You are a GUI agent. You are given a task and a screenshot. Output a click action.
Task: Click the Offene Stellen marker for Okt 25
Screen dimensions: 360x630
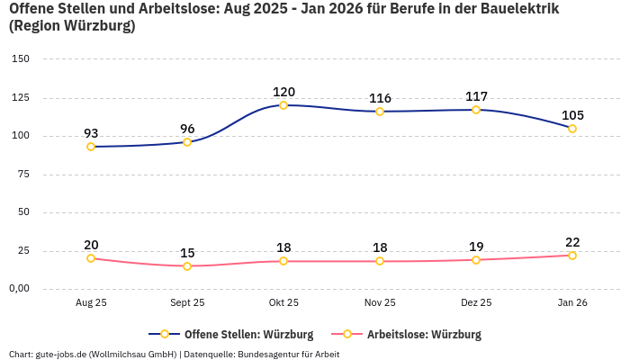coord(283,105)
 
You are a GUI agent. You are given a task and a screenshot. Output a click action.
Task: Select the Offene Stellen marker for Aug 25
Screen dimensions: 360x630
coord(91,147)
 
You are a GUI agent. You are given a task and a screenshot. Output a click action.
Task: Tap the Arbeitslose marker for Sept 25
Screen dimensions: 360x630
coord(187,266)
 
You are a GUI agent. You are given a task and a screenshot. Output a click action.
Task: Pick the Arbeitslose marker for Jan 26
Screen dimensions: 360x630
coord(572,256)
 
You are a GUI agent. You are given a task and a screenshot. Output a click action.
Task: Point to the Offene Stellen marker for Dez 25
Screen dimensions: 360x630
coord(476,110)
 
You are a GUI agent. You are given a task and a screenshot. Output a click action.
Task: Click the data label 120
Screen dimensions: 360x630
coord(283,92)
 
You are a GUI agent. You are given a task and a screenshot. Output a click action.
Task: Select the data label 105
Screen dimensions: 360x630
coord(572,115)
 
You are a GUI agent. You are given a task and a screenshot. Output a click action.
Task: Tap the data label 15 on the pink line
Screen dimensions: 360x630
coord(187,253)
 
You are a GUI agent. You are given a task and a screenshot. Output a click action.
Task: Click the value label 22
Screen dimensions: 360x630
coord(572,242)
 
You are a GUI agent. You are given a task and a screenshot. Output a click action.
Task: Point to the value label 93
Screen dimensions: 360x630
coord(91,133)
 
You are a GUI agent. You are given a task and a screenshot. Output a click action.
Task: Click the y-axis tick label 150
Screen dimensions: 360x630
coord(21,59)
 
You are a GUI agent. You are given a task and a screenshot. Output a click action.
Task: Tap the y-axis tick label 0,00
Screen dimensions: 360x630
coord(19,289)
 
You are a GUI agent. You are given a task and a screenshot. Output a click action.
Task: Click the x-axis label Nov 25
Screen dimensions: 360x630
coord(380,303)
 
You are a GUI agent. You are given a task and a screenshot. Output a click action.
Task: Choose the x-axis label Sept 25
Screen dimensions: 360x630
coord(187,303)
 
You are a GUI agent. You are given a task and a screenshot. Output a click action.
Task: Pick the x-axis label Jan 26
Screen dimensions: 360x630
coord(572,303)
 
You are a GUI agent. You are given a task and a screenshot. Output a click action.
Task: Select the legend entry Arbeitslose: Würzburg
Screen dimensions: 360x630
coord(423,335)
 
